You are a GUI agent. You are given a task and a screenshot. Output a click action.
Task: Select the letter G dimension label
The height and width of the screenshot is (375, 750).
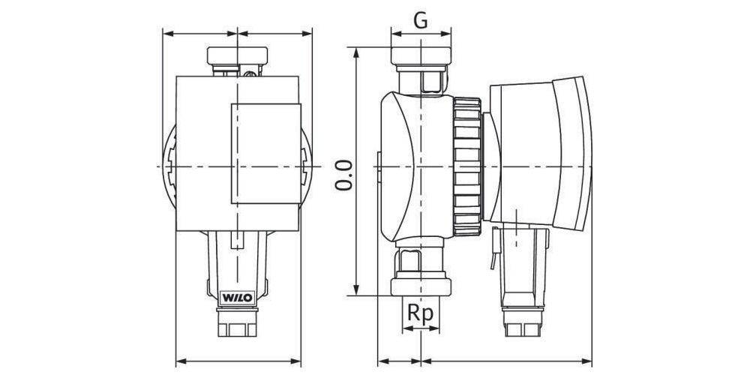tap(421, 21)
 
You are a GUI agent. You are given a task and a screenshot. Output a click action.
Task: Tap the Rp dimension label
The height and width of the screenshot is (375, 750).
tap(421, 313)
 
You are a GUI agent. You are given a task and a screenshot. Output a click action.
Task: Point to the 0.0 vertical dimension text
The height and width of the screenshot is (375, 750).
tap(343, 174)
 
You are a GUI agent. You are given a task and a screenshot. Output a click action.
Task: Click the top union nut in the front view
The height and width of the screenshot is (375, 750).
tap(236, 55)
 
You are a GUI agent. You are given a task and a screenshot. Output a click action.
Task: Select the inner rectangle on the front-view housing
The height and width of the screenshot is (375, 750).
tap(265, 153)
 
